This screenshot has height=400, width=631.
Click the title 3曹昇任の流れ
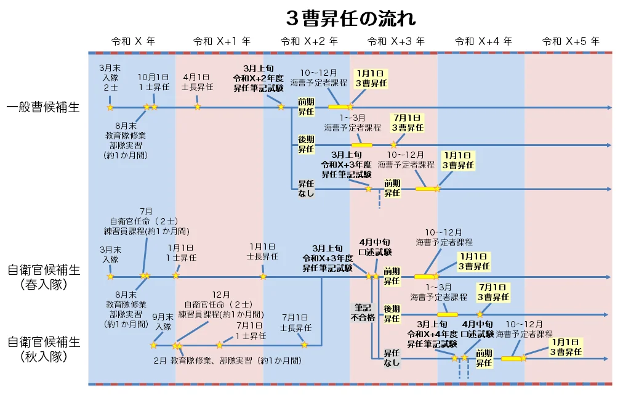351,18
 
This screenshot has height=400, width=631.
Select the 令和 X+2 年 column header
309,42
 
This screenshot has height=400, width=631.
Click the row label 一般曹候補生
43,108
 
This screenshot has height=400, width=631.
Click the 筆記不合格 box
363,312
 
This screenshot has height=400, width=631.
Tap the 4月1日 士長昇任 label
197,82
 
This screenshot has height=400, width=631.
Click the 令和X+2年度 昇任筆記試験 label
258,78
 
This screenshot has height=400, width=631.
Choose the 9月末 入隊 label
163,322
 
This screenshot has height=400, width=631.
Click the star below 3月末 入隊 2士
110,108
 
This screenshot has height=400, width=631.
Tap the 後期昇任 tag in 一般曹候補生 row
306,145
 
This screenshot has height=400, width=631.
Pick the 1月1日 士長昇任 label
262,252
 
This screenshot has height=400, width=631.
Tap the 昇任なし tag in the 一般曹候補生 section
306,189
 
